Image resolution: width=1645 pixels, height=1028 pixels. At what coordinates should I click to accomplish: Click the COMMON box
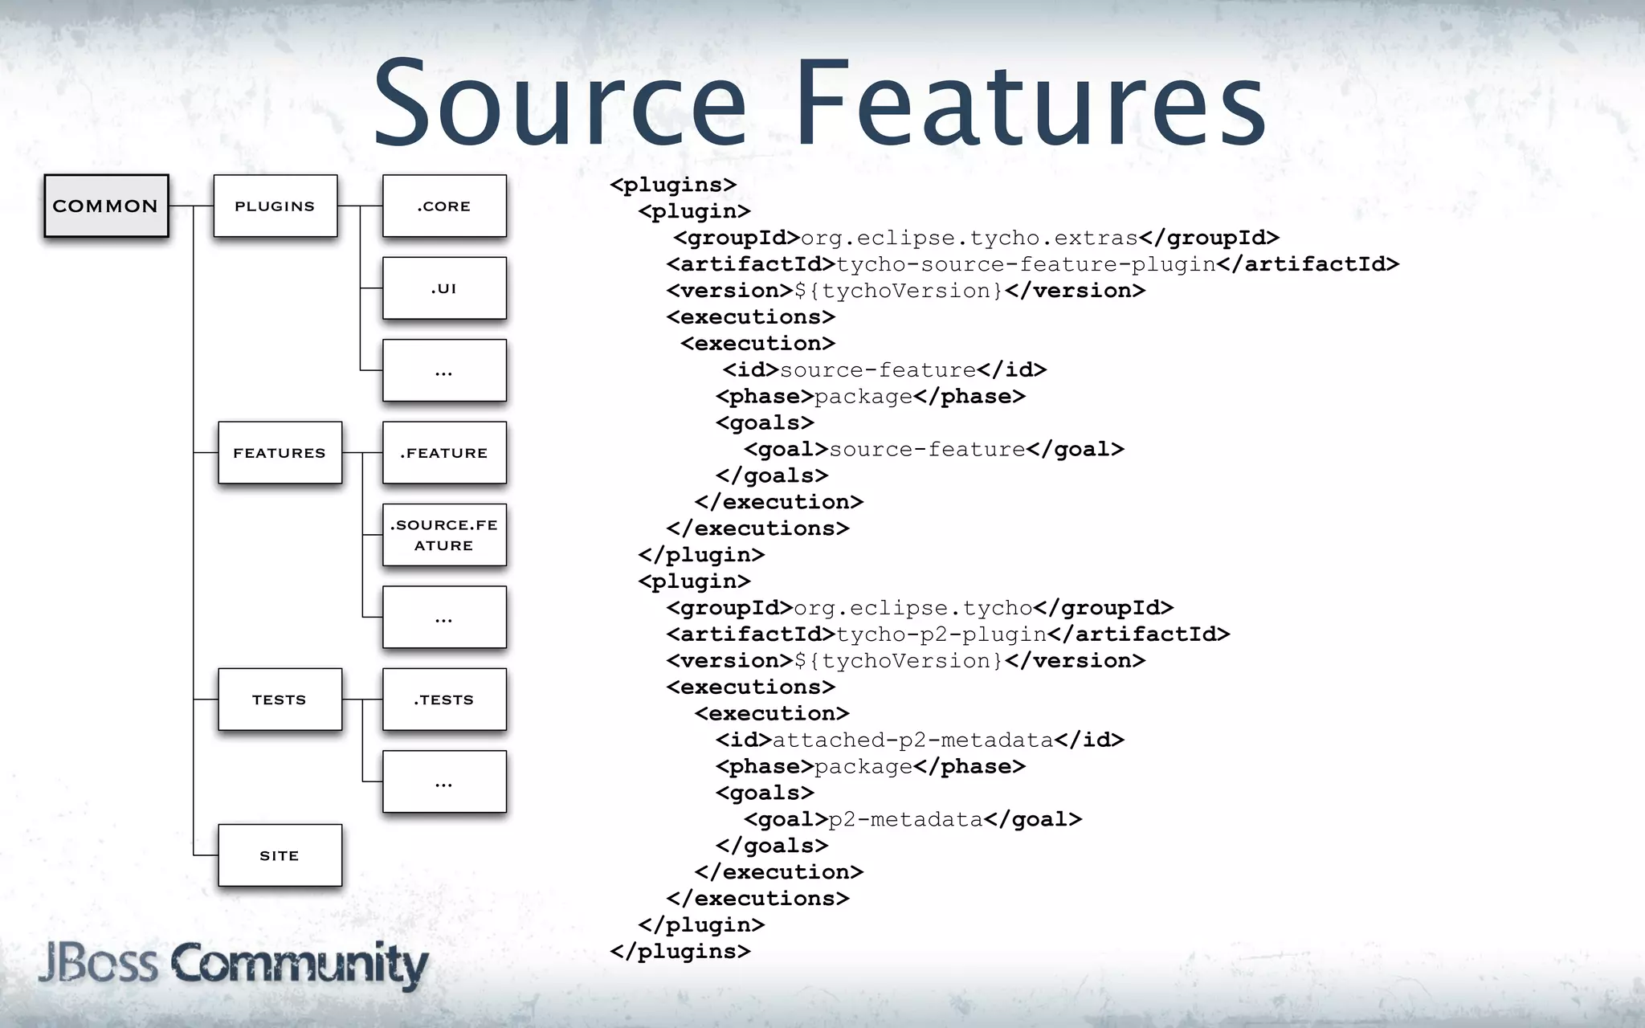(106, 206)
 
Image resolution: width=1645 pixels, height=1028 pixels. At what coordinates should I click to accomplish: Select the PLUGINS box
(275, 206)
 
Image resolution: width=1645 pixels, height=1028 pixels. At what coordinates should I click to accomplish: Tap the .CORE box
(444, 206)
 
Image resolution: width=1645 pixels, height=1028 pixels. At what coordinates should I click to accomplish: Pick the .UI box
(444, 288)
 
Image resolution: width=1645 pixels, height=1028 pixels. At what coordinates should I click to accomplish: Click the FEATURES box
(280, 452)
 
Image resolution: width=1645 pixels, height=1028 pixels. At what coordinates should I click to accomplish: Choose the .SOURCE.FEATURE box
(444, 535)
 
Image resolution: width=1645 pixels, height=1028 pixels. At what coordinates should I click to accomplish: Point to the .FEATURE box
(444, 452)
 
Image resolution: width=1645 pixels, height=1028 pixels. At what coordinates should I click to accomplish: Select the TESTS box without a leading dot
(280, 699)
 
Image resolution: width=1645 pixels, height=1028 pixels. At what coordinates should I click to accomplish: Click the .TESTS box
(444, 699)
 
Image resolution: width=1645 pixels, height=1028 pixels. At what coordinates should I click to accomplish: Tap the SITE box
(280, 855)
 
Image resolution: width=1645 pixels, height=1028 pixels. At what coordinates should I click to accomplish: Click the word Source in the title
(560, 104)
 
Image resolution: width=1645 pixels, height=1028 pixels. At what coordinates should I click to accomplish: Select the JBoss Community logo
(233, 964)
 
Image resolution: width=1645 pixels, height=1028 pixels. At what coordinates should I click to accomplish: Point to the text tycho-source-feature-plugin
(1026, 264)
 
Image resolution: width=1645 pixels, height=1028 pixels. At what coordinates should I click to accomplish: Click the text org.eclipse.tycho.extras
(969, 238)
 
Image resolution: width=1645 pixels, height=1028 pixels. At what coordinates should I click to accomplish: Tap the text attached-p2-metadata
(912, 740)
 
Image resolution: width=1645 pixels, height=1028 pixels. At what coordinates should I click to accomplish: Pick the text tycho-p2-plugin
(941, 634)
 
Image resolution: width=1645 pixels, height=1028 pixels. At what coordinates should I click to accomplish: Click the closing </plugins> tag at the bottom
(680, 951)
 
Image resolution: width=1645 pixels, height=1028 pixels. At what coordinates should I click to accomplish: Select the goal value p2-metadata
(905, 819)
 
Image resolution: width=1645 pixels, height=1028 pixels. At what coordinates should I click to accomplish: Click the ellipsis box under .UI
(444, 370)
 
